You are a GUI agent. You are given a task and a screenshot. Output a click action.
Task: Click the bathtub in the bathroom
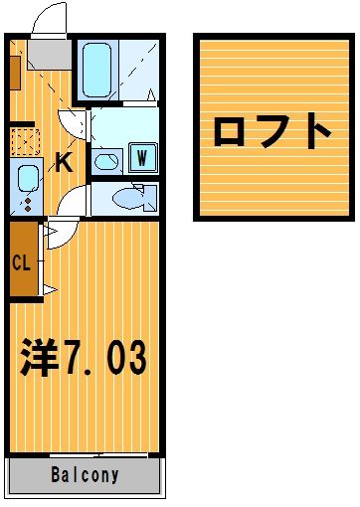coord(96,71)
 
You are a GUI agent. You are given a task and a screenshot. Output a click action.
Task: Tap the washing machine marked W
coord(142,158)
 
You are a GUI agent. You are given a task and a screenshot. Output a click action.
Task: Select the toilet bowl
coord(127,199)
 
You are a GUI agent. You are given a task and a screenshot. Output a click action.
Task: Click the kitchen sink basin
coord(28,179)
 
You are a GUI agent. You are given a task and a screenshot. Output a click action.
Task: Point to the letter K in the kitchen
coord(64,162)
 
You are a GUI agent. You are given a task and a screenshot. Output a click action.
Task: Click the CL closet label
coord(21,262)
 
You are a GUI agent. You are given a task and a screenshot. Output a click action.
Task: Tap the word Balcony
coord(85,475)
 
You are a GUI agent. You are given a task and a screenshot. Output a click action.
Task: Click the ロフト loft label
coord(272,130)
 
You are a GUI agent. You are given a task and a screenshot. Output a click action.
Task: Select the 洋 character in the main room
coord(39,358)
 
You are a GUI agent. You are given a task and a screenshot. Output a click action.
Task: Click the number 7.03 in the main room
coord(105,358)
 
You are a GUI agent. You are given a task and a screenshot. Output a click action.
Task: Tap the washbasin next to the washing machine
coord(106,162)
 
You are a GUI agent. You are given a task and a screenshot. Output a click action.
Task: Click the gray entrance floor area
coord(50,55)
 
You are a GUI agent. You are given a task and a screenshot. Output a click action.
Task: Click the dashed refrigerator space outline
coord(25,142)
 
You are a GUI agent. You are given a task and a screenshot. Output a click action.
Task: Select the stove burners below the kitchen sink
coord(28,205)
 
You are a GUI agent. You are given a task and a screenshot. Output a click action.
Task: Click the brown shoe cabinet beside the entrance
coord(15,73)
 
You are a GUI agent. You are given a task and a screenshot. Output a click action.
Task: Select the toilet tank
coord(150,199)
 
